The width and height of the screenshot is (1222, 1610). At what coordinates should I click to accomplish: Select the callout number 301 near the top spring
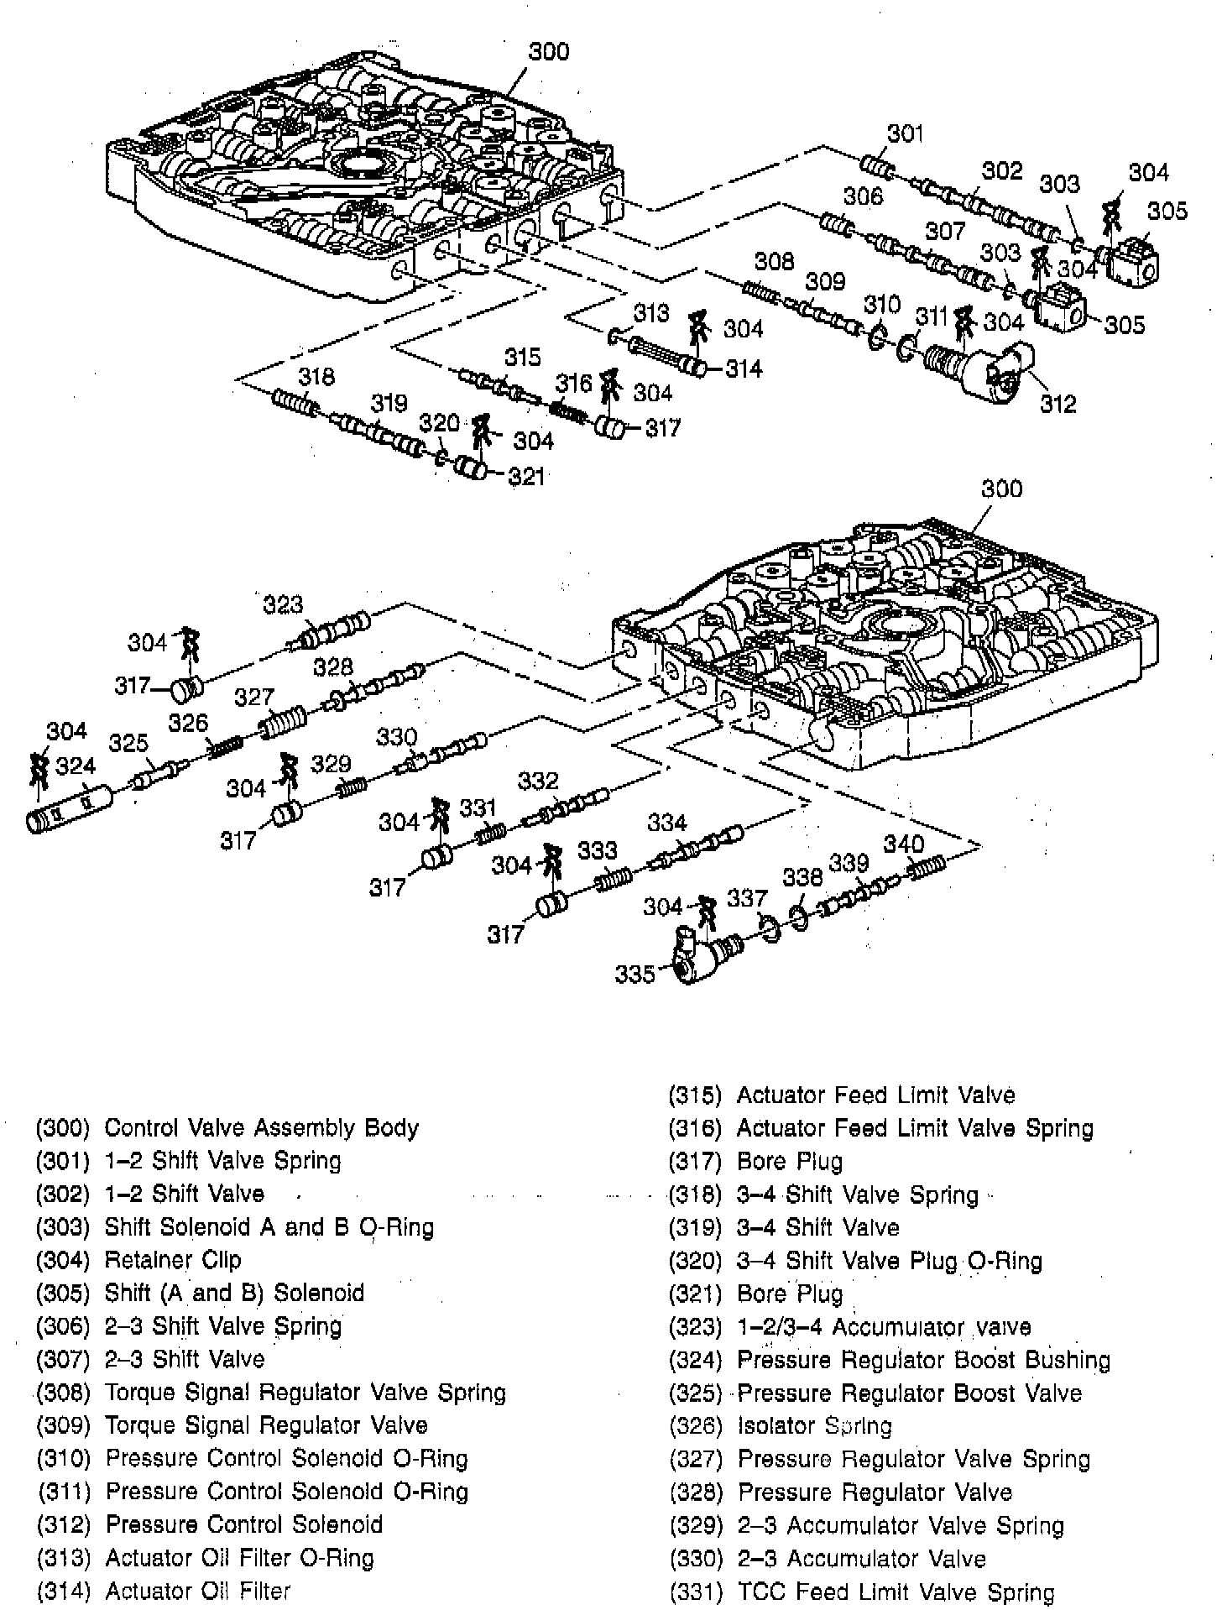(906, 133)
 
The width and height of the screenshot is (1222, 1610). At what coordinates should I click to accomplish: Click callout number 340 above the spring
(903, 844)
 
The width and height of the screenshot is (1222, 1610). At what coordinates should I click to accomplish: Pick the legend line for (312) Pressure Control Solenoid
(210, 1524)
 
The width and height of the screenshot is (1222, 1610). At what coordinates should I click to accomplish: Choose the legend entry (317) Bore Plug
(755, 1162)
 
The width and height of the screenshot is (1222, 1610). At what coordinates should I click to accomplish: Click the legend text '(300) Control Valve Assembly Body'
(227, 1128)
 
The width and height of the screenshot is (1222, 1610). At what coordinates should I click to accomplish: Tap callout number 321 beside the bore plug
(527, 477)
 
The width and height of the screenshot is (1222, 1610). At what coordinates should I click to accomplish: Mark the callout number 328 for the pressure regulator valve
(333, 667)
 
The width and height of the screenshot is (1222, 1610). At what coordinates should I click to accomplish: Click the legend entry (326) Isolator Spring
(781, 1425)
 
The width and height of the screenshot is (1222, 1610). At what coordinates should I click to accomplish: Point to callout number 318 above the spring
(316, 377)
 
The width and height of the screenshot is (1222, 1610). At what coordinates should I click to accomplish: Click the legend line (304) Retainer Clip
(138, 1260)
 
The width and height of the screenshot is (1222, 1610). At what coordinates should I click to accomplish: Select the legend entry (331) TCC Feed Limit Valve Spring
(862, 1592)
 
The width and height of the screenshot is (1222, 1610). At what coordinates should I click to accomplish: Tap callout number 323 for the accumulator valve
(283, 604)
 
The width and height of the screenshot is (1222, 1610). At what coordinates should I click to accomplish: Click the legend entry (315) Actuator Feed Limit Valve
(842, 1095)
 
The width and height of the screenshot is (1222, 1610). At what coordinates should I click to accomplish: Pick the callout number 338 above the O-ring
(802, 877)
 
